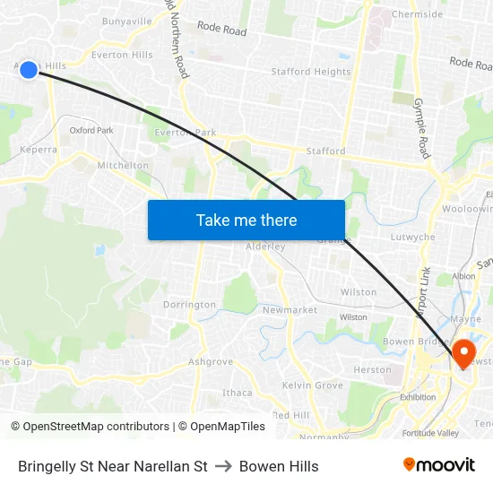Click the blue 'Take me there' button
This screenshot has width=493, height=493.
246,221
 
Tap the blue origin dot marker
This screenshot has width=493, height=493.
29,69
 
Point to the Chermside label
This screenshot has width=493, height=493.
418,14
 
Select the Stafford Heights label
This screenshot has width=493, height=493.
311,72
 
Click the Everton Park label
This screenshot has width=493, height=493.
186,133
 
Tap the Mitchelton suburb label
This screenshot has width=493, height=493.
123,166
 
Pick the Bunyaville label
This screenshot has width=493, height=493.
127,21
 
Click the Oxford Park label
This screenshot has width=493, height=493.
91,130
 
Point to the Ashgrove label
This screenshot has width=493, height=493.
211,362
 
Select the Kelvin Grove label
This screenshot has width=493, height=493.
313,385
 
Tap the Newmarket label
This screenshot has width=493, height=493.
290,310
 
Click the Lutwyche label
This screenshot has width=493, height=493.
413,238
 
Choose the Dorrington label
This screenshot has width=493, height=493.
189,305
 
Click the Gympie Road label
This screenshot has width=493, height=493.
422,128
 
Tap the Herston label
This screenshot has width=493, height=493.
372,369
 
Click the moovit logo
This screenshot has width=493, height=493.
439,465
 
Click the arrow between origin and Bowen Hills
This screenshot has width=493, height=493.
223,466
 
